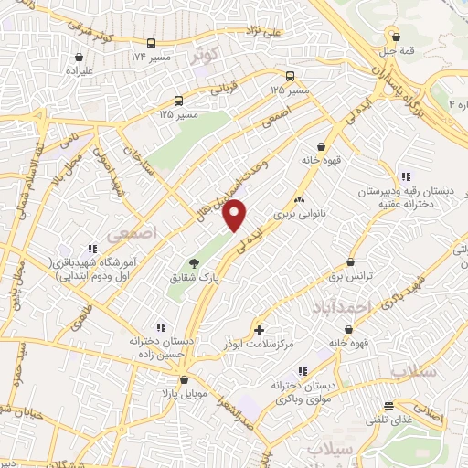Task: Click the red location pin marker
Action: pyautogui.click(x=235, y=214)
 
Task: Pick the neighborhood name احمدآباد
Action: pyautogui.click(x=348, y=308)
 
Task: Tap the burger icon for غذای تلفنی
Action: pyautogui.click(x=389, y=406)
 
